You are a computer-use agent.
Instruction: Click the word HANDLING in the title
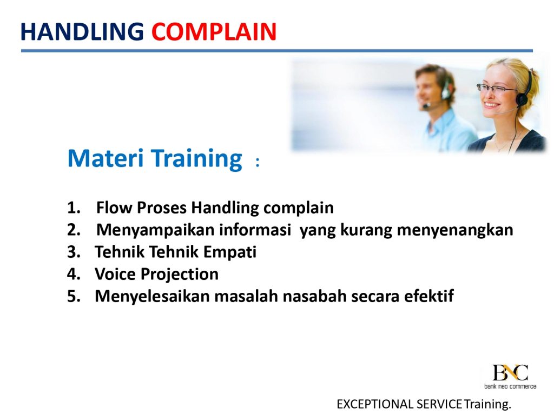tap(82, 32)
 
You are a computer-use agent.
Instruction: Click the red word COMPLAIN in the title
tap(214, 32)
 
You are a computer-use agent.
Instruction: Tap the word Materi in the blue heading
tap(105, 158)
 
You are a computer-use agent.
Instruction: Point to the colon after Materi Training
tap(258, 162)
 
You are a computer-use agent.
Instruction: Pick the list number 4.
tap(74, 274)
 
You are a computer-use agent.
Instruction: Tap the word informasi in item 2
tap(255, 230)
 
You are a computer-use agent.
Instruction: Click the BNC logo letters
tap(510, 372)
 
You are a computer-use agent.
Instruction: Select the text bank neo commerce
tap(510, 386)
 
